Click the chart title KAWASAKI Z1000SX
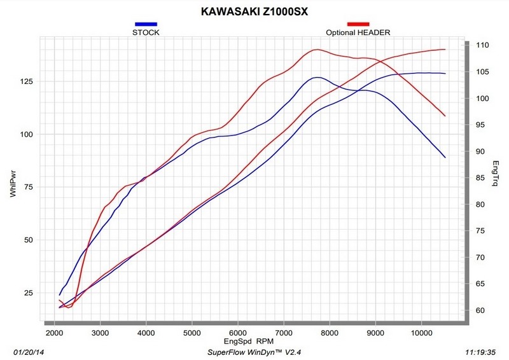point(254,11)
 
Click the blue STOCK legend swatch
point(146,24)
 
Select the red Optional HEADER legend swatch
point(358,24)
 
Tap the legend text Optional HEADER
point(358,32)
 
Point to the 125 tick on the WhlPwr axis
point(25,81)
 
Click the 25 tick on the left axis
point(27,293)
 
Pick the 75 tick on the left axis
point(27,187)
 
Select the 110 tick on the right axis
point(481,46)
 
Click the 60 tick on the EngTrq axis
point(479,310)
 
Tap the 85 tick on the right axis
point(479,178)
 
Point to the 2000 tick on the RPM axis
point(55,333)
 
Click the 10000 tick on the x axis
point(422,333)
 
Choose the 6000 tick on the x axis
point(238,333)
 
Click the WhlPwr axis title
point(12,184)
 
